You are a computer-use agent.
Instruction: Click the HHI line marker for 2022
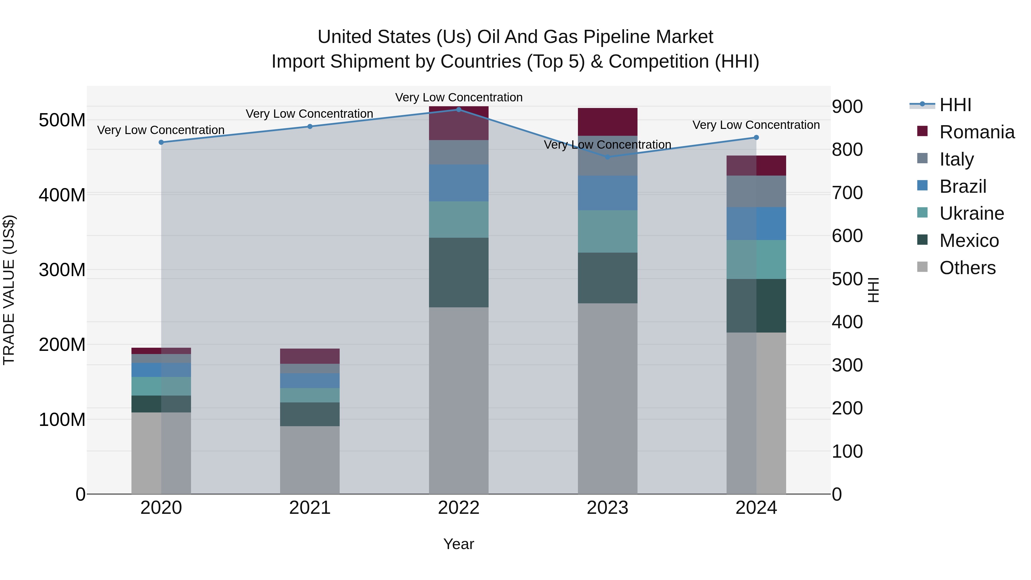click(x=459, y=110)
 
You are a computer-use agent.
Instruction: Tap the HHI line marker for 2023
click(x=607, y=157)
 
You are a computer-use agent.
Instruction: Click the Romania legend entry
click(x=977, y=132)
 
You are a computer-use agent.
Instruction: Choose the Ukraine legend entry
click(x=971, y=213)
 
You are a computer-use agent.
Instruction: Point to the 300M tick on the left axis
click(x=62, y=270)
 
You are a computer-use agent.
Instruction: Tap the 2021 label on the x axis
click(x=310, y=508)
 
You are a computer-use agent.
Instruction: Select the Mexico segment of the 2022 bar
click(x=459, y=273)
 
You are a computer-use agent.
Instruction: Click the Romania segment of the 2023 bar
click(x=607, y=122)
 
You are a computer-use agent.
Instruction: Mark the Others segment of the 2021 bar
click(x=310, y=460)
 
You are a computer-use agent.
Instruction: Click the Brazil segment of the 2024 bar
click(x=756, y=224)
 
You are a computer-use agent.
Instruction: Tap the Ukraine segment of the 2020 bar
click(x=161, y=386)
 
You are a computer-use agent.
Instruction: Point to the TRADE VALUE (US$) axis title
click(x=9, y=290)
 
